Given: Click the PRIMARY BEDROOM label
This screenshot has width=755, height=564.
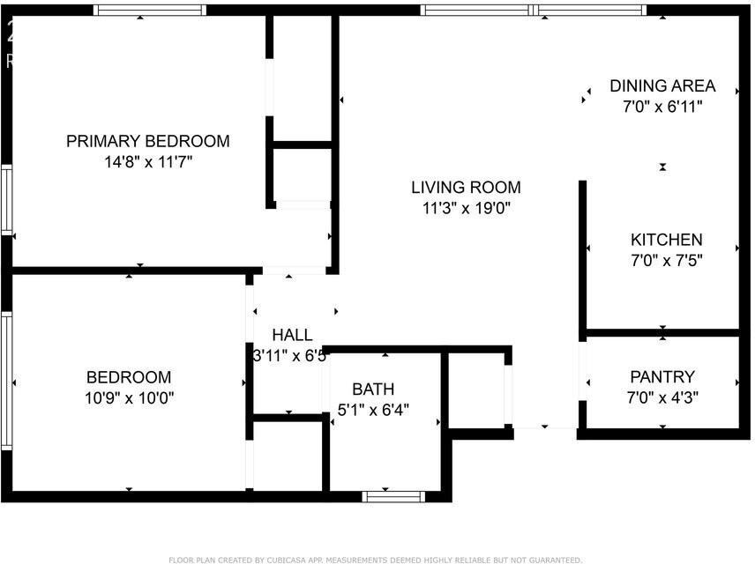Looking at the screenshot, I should [148, 141].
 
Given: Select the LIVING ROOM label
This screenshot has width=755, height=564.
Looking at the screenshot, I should [466, 188].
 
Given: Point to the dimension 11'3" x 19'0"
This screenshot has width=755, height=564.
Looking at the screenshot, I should [466, 209].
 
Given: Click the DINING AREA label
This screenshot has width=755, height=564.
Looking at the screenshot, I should [662, 86].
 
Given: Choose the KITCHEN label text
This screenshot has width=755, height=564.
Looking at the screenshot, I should [666, 240].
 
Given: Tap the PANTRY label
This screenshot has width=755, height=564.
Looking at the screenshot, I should [662, 377].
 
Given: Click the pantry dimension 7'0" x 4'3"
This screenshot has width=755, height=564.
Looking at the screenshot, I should [662, 397].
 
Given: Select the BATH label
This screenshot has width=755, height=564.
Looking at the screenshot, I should [373, 390].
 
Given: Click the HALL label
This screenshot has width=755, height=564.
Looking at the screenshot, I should [292, 336].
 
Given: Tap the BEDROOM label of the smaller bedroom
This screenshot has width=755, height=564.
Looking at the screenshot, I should [129, 377].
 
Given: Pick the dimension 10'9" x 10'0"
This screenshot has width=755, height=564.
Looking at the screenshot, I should [129, 397].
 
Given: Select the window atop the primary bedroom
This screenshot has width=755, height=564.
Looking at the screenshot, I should [150, 11].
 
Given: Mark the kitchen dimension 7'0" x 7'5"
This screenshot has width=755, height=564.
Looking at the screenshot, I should [666, 261].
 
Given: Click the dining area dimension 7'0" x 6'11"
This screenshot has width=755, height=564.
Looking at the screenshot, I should [662, 107].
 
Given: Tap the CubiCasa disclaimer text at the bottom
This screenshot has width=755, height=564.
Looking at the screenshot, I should [375, 560].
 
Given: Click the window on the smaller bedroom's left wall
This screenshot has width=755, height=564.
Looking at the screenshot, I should [7, 361].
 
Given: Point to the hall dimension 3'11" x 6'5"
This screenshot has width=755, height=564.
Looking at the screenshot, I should [290, 357].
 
